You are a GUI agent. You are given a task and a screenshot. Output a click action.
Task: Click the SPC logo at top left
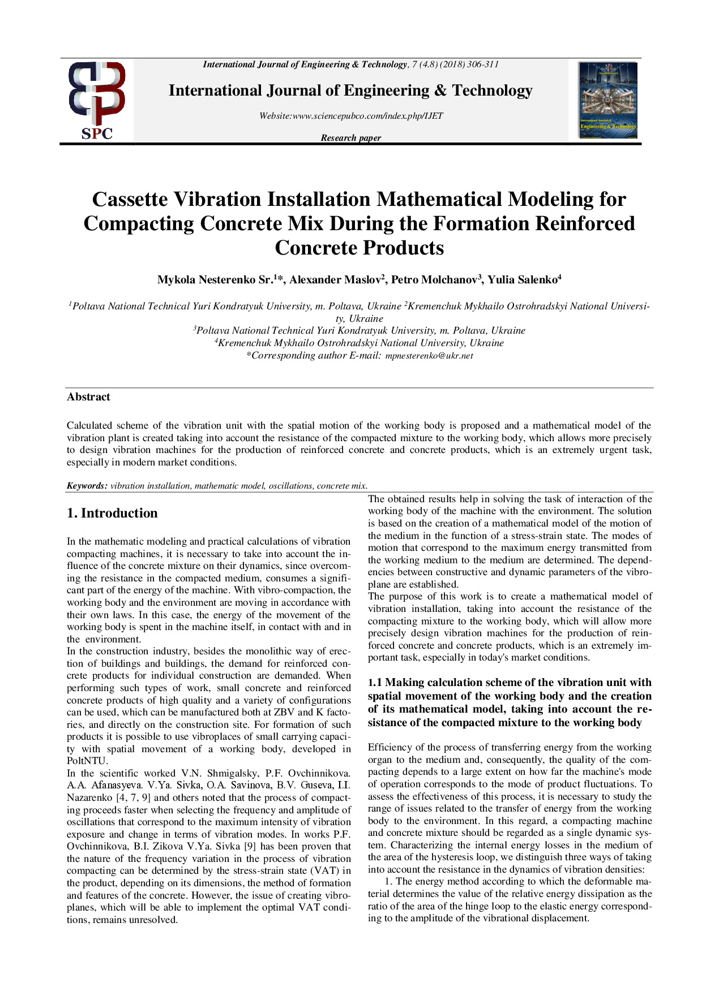tap(97, 101)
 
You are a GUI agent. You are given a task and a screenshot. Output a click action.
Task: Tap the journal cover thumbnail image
tap(607, 100)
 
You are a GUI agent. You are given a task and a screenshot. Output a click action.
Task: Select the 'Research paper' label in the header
tap(350, 138)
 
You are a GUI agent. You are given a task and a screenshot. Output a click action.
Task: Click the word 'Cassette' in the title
tap(130, 200)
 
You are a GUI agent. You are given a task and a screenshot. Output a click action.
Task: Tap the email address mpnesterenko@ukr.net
tap(429, 356)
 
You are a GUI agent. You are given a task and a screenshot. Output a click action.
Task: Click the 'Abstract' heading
tap(88, 397)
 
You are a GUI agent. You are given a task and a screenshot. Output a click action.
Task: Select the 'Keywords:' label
tap(87, 485)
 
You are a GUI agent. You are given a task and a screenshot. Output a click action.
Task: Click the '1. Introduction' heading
tap(112, 513)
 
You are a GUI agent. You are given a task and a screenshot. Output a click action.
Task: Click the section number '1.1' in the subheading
tap(375, 683)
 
